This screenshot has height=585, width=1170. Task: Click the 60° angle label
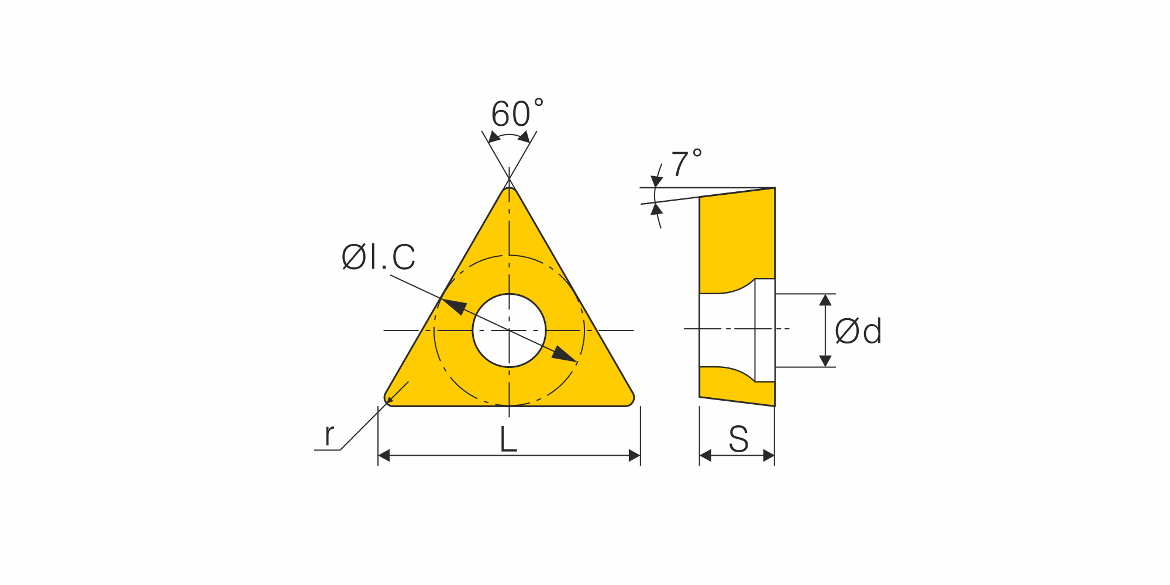point(517,113)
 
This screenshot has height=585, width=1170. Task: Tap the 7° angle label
point(686,163)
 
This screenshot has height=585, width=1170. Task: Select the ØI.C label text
point(378,257)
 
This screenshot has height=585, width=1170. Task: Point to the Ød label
point(858,331)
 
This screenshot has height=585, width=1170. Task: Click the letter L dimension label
point(508,439)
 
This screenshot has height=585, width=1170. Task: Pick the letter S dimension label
point(738,439)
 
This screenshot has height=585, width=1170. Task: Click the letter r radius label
point(329,435)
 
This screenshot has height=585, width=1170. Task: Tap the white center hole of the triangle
point(509,331)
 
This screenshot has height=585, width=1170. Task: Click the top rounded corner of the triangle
point(510,191)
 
